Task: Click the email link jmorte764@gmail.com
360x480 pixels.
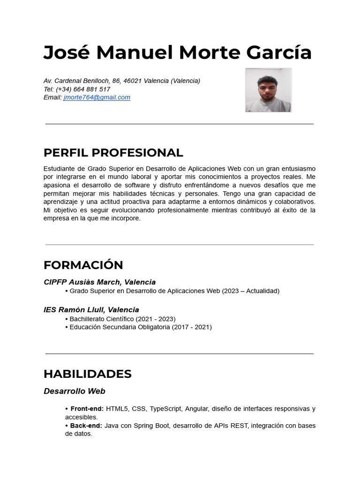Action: [97, 97]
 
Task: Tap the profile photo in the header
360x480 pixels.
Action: [268, 90]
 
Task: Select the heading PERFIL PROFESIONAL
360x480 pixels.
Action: [113, 153]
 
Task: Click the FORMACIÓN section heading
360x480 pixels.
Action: [83, 265]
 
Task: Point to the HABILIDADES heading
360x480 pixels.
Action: [87, 374]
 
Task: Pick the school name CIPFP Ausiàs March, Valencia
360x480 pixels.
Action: [99, 282]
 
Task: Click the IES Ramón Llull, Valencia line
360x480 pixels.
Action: [91, 310]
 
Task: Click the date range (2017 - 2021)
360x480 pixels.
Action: [192, 327]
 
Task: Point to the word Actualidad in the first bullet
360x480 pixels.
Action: [262, 291]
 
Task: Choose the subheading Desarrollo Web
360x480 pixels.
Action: [74, 391]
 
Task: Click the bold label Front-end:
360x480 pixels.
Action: [87, 409]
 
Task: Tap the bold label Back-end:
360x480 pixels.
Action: [86, 426]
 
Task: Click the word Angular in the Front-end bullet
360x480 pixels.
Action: [196, 409]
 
